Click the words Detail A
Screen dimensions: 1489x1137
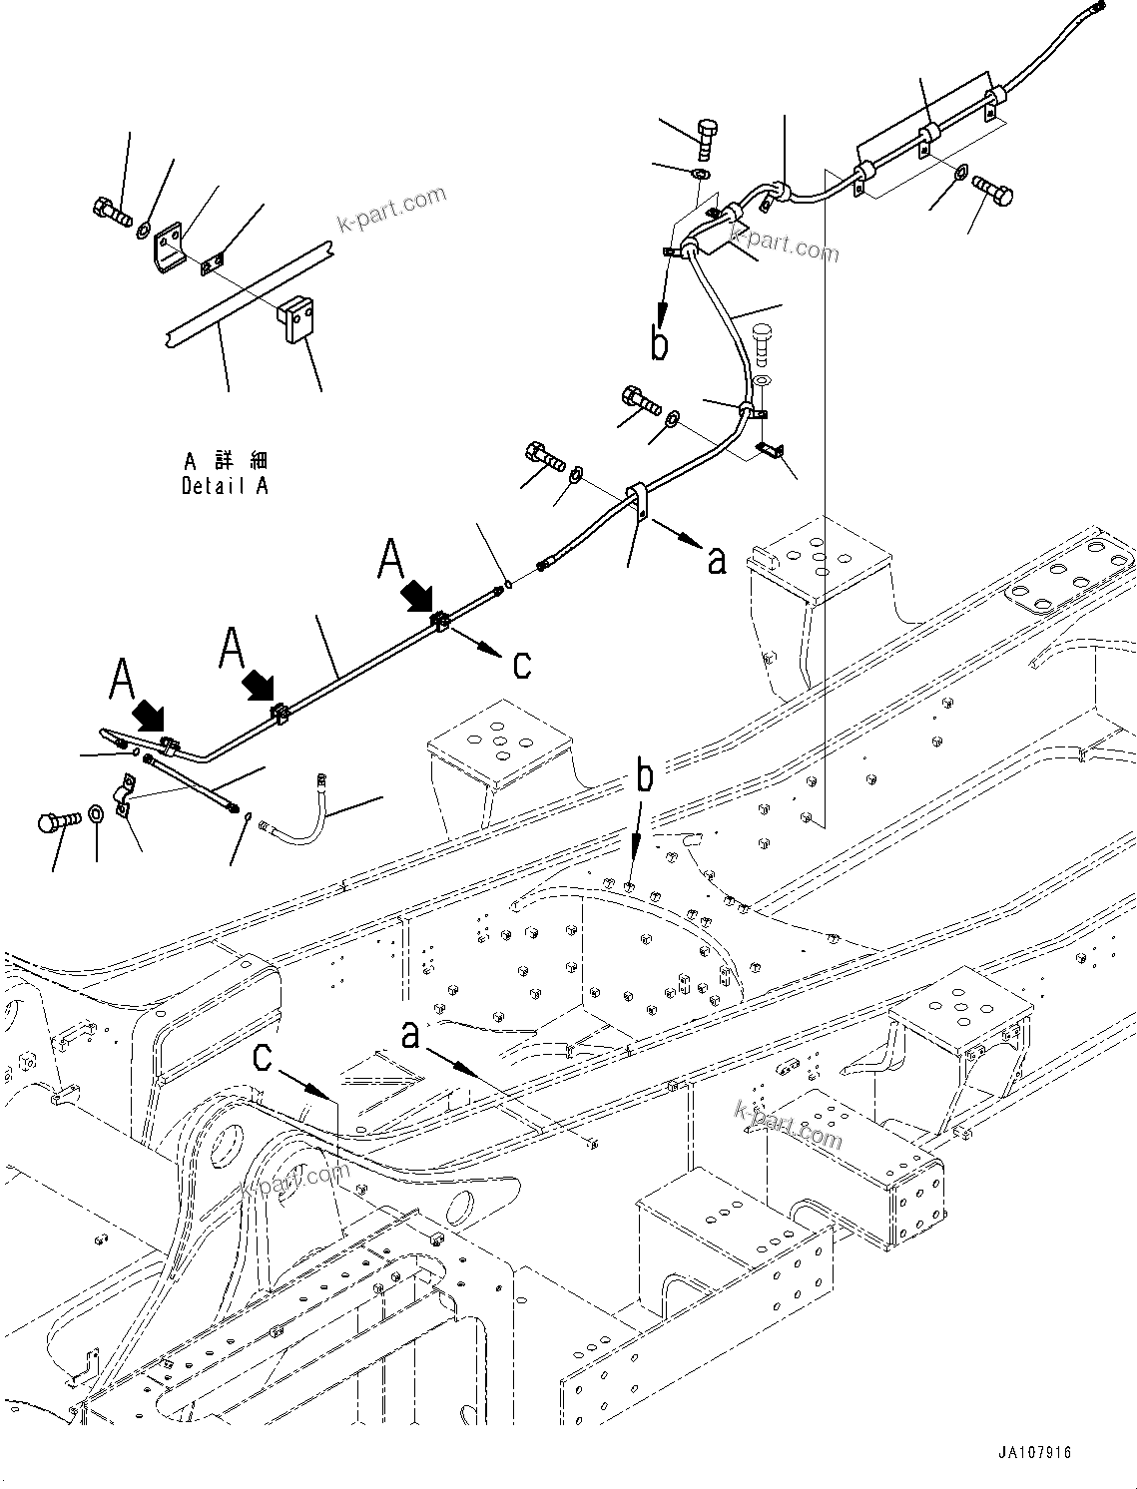click(x=225, y=486)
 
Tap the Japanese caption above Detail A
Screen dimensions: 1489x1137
click(x=226, y=461)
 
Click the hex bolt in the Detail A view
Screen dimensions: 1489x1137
click(x=110, y=211)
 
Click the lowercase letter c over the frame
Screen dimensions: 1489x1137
click(x=263, y=1056)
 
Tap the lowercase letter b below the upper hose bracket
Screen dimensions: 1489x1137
click(x=659, y=343)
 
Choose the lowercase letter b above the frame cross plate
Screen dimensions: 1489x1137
click(x=646, y=777)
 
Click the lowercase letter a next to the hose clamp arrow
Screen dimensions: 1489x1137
click(x=716, y=561)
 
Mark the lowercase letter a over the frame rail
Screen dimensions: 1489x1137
click(x=410, y=1035)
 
